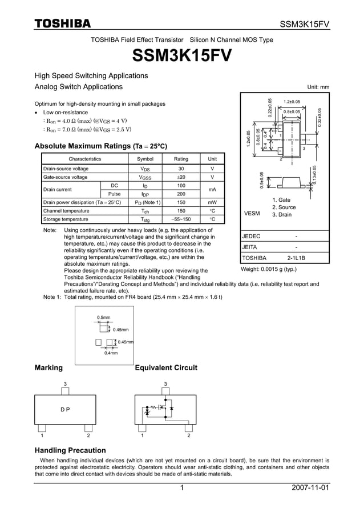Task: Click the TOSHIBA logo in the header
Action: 62,23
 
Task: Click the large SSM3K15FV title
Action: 181,56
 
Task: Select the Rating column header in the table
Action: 181,159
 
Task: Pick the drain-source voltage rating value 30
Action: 181,169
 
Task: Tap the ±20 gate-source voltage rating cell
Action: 181,178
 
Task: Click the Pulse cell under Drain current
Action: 115,194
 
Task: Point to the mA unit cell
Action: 212,190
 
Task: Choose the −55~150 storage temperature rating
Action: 181,219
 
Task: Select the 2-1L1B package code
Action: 296,258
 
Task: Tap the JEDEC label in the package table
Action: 252,236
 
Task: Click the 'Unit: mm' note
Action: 318,87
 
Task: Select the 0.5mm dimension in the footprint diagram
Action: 103,317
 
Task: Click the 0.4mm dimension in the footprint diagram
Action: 111,353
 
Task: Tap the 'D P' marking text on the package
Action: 65,410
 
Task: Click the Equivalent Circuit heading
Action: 165,367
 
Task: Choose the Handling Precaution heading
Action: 70,450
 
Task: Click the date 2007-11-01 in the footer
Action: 310,488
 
